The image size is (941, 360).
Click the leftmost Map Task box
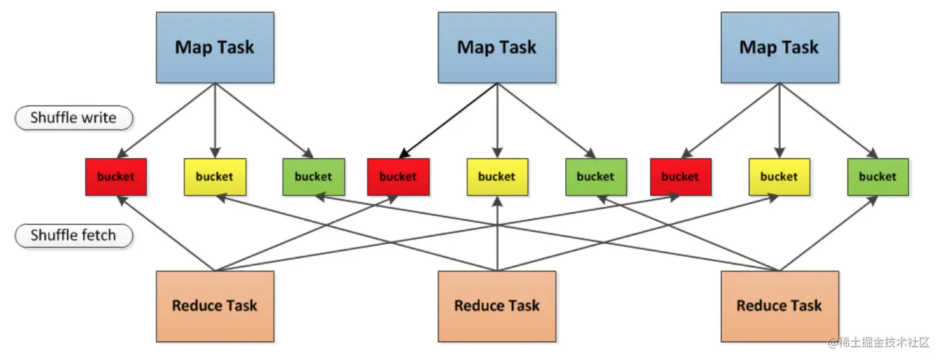coord(215,47)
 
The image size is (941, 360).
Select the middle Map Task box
coord(497,47)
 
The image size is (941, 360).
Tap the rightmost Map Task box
coord(779,47)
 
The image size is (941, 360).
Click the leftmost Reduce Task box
coord(215,306)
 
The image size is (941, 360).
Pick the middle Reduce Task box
coord(497,306)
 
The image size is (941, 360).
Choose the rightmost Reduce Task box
coord(779,306)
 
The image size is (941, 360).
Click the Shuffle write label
coord(74,118)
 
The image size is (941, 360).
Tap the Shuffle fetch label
coord(74,236)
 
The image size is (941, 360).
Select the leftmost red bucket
coord(116,177)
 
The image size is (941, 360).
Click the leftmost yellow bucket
coord(214,177)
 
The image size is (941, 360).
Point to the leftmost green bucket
coord(313,177)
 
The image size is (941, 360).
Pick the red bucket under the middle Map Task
coord(398,177)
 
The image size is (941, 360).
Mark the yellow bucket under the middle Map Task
coord(497,177)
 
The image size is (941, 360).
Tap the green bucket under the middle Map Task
coord(596,177)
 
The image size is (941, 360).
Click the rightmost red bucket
coord(680,177)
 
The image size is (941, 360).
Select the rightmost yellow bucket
coord(779,177)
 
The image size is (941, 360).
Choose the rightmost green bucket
coord(877,177)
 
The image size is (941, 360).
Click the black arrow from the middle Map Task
coord(448,121)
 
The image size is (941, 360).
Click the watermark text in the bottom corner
coord(878,342)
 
